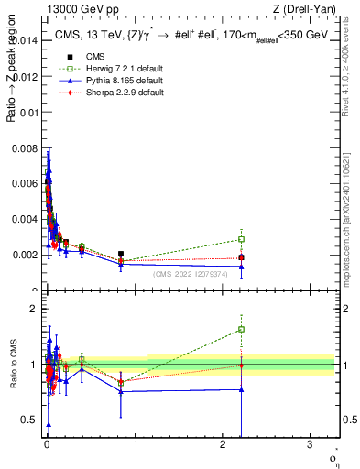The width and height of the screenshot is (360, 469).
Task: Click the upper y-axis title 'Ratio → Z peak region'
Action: point(10,93)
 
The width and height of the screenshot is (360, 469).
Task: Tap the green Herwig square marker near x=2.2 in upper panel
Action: point(241,239)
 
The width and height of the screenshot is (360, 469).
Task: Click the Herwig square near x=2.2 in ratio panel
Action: point(241,329)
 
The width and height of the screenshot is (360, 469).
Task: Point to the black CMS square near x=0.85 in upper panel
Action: point(121,254)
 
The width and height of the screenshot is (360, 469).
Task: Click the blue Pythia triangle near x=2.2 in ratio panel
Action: point(241,389)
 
